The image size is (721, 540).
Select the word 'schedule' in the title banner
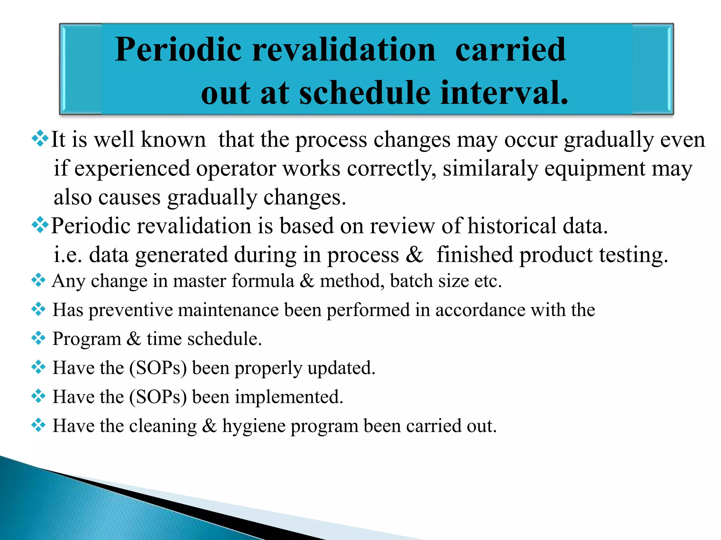365,93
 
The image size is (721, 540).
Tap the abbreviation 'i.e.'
68,255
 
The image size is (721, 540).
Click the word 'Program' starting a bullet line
87,339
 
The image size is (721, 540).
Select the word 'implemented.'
289,397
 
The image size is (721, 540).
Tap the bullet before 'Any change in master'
38,280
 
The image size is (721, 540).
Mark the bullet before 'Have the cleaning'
38,425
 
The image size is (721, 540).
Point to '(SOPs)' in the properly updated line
158,368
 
